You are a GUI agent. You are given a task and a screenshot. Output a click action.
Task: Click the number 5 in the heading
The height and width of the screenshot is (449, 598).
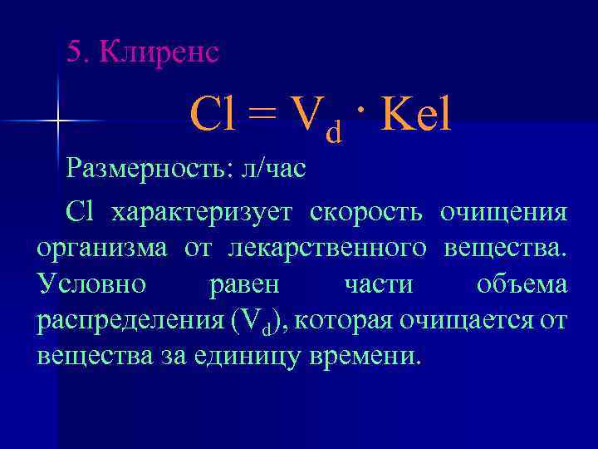pyautogui.click(x=75, y=52)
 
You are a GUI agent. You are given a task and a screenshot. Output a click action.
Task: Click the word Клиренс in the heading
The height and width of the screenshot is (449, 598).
pyautogui.click(x=159, y=52)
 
